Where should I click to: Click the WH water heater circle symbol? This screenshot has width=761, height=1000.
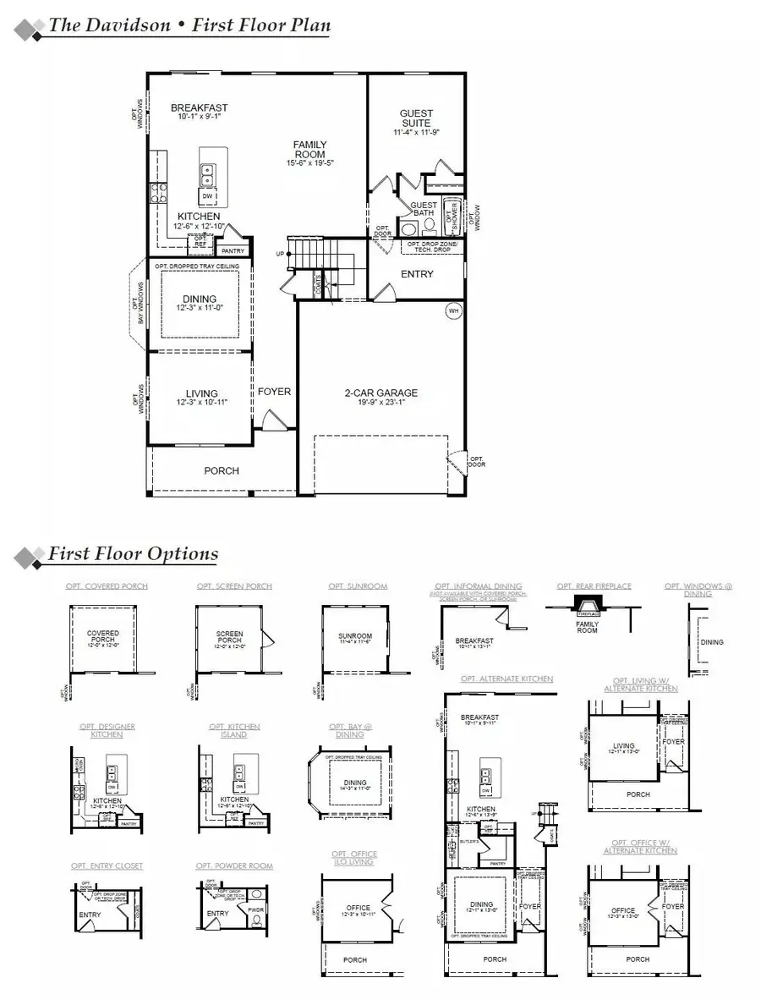(x=454, y=310)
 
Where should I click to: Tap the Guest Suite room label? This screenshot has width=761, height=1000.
(x=416, y=118)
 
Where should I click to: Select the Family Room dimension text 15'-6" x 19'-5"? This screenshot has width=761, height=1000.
(x=309, y=162)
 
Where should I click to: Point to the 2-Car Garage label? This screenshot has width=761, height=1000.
(x=381, y=393)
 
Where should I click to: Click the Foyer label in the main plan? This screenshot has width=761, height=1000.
(x=275, y=392)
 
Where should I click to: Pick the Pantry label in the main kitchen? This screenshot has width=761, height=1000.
(x=232, y=251)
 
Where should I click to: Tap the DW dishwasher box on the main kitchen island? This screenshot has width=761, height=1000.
(x=207, y=196)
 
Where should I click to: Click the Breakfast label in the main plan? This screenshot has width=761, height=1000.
(x=199, y=107)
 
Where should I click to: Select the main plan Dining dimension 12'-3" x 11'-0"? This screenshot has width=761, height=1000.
(x=200, y=309)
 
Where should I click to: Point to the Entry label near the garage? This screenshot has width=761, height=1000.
(x=417, y=274)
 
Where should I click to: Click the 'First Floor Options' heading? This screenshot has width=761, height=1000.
(x=133, y=554)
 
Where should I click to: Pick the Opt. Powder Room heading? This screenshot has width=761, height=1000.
(x=234, y=865)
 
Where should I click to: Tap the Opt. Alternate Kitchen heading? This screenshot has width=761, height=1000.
(x=507, y=679)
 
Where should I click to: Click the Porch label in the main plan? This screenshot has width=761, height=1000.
(x=222, y=470)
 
